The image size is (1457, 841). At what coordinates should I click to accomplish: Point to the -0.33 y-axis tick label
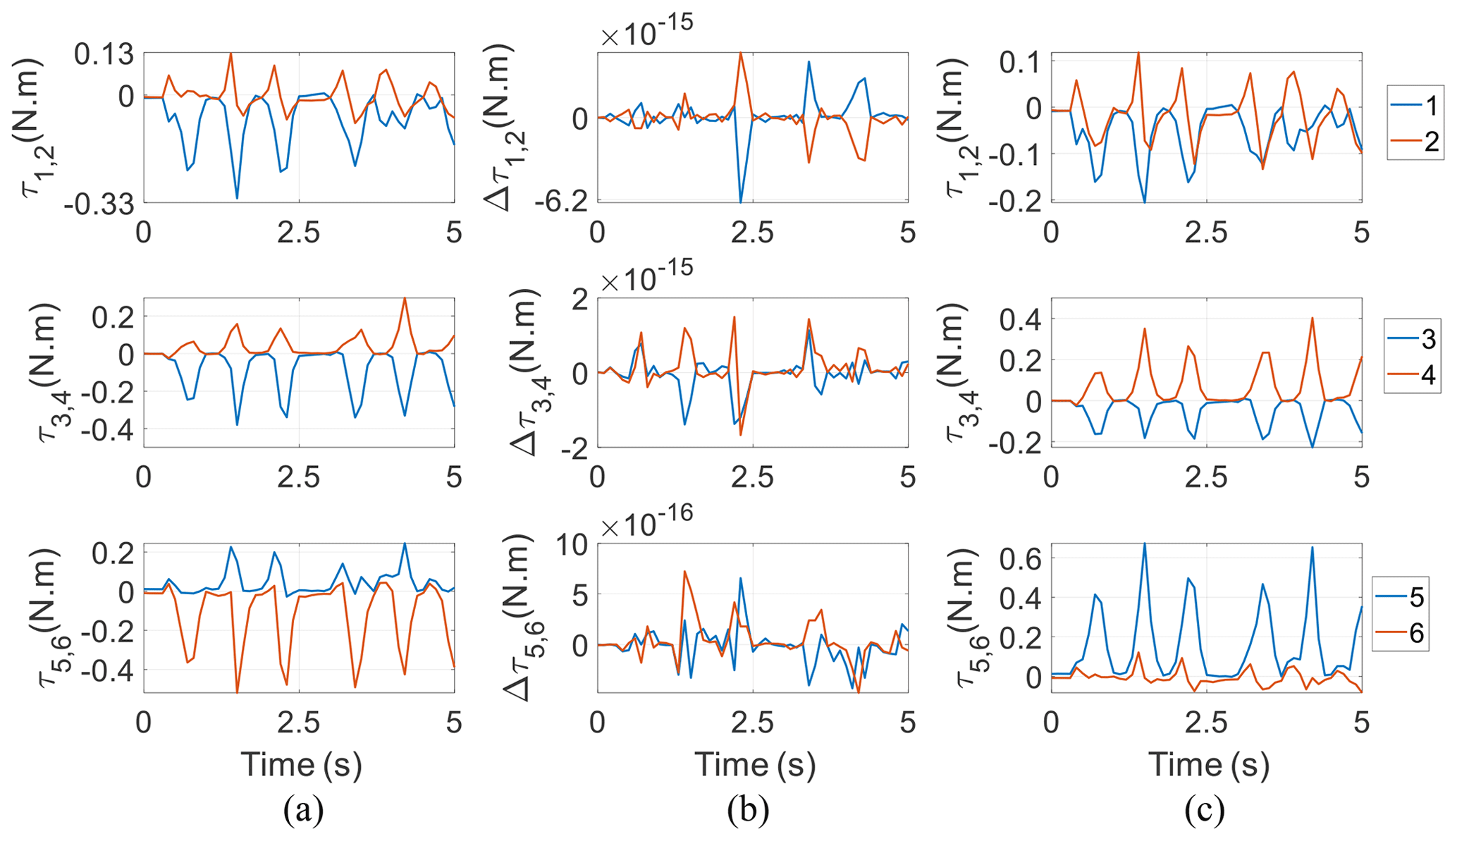pyautogui.click(x=98, y=204)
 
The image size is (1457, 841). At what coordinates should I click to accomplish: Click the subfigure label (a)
pyautogui.click(x=303, y=811)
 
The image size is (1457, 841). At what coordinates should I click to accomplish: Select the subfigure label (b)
pyautogui.click(x=748, y=811)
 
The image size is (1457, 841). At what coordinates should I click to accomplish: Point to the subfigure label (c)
pyautogui.click(x=1204, y=811)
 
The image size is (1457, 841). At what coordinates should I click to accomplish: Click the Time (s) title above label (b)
pyautogui.click(x=754, y=764)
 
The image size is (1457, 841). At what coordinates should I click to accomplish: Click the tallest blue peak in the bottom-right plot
pyautogui.click(x=1144, y=543)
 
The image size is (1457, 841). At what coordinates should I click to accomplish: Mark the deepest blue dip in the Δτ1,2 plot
pyautogui.click(x=740, y=202)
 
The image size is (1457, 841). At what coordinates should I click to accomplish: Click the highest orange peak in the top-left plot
pyautogui.click(x=230, y=54)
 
